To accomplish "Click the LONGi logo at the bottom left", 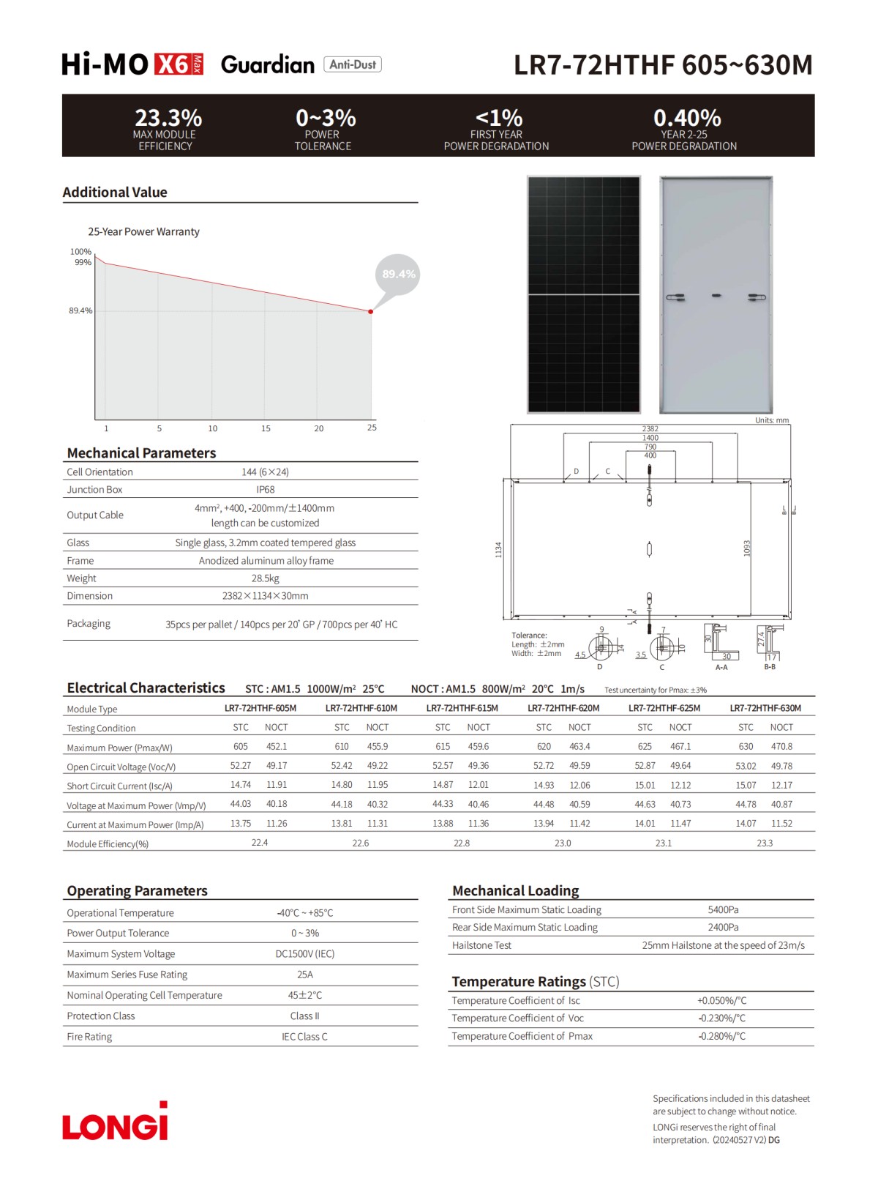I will tap(115, 1122).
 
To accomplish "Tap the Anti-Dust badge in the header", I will tap(353, 64).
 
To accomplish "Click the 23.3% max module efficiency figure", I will tap(168, 117).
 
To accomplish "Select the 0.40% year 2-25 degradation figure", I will tap(687, 117).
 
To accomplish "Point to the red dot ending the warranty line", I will tap(371, 312).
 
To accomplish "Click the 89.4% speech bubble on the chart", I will tap(398, 275).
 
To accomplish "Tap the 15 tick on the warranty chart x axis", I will tap(266, 428).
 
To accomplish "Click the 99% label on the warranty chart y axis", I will tap(83, 262).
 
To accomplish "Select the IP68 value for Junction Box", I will tap(265, 490).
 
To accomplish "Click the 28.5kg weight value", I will tap(265, 578).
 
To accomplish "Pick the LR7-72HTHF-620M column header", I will tap(563, 708).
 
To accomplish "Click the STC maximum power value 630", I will tap(746, 747).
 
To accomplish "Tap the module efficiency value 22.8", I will tap(462, 843).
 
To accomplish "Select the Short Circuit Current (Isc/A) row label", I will tap(119, 786).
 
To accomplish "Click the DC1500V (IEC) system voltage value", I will tap(304, 954).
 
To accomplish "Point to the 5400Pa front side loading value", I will tap(723, 910).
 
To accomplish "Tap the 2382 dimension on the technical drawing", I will tap(650, 429).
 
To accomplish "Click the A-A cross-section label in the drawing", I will tap(721, 668).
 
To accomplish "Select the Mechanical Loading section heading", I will tap(515, 891).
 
